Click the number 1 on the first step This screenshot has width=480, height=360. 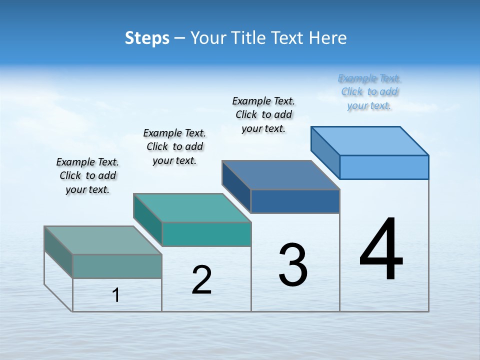tap(116, 295)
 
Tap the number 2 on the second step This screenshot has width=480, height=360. tap(201, 280)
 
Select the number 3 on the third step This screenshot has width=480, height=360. tap(293, 264)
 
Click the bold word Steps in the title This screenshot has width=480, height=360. tap(147, 38)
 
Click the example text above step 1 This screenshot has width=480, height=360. tap(87, 175)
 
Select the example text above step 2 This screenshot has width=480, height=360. tap(174, 146)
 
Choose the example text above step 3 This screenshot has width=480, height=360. tap(263, 114)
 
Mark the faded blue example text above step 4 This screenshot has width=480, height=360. tap(369, 91)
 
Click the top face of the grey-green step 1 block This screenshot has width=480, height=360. tap(103, 240)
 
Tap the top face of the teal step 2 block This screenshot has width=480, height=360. tap(192, 207)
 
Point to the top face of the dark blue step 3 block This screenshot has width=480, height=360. tap(281, 175)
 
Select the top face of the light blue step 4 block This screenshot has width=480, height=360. tap(370, 140)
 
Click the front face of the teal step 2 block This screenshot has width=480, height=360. tap(206, 234)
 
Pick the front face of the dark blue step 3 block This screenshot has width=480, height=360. tap(295, 201)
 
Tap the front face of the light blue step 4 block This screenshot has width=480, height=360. tap(384, 167)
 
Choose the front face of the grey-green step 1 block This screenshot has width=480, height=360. tap(117, 266)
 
